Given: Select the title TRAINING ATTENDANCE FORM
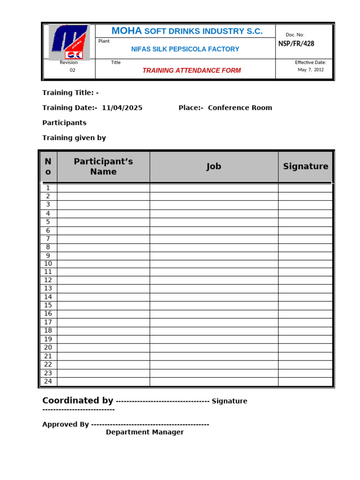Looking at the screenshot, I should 191,71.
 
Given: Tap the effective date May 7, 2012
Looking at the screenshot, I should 310,70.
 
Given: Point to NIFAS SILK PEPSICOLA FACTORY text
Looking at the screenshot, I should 185,49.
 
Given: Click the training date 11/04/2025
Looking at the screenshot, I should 122,108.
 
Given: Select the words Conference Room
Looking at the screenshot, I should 240,108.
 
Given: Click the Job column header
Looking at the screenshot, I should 214,166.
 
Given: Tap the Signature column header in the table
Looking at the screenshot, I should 306,166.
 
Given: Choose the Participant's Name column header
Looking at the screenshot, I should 103,166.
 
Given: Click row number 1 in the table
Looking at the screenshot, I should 48,188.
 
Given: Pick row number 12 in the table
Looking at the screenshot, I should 48,280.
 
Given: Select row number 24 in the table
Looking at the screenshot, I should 48,382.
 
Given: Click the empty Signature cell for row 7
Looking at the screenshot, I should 306,239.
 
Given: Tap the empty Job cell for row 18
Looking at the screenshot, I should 214,331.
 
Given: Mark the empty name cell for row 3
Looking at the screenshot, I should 103,205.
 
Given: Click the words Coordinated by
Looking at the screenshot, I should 77,401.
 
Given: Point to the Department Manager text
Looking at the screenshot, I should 145,432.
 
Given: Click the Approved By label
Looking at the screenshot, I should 66,424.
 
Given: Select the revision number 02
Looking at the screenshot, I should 72,70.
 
